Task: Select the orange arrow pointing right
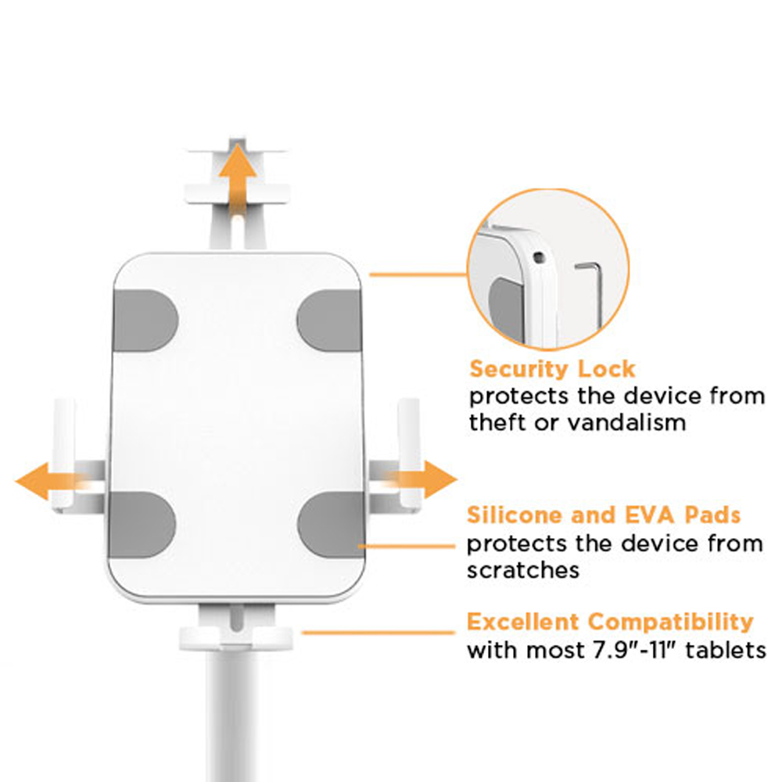tap(421, 480)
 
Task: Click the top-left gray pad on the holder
tap(145, 321)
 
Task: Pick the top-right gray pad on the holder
tap(329, 320)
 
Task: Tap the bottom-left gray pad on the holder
tap(142, 524)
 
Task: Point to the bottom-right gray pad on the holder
tap(332, 524)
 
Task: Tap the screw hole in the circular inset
tap(539, 257)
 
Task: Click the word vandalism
tap(628, 423)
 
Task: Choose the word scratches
tap(523, 571)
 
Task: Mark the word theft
tap(497, 423)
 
